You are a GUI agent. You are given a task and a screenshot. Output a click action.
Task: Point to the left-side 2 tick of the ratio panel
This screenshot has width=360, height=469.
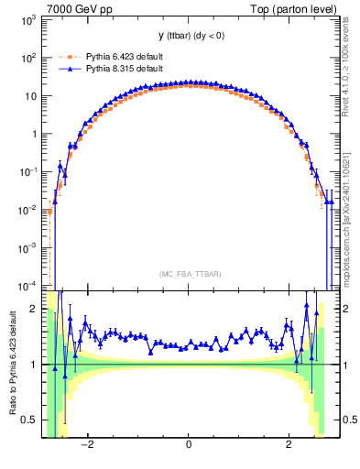pyautogui.click(x=35, y=309)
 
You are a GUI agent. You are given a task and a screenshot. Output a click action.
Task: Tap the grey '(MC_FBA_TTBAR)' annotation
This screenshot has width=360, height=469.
pyautogui.click(x=189, y=274)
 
